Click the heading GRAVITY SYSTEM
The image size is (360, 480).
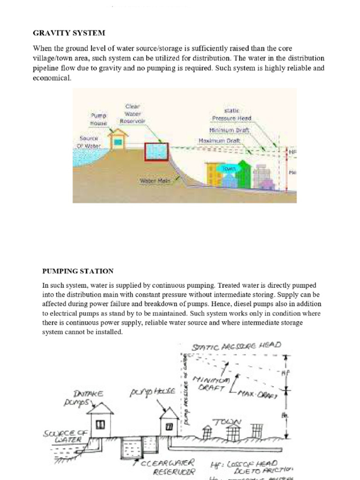point(69,33)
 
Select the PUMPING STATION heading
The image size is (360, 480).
point(78,271)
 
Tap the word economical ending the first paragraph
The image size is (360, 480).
point(52,78)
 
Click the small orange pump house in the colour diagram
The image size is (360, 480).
point(118,140)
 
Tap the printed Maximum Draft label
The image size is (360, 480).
point(219,141)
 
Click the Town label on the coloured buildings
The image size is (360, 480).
point(229,168)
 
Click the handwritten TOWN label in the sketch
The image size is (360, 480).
point(227,422)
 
